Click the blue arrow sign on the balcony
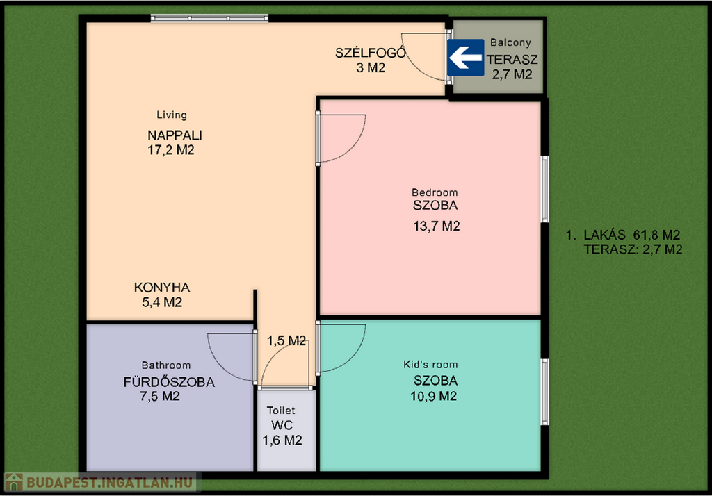[466, 58]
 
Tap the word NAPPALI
[175, 135]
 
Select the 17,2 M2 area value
[171, 150]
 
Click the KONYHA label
[162, 288]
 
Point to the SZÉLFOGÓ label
[371, 53]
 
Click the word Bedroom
[435, 192]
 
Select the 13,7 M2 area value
[437, 226]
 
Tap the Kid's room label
[430, 365]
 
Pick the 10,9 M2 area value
[434, 396]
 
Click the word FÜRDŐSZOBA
[170, 381]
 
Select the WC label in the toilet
[282, 425]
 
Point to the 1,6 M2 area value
[282, 440]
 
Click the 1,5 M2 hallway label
[286, 341]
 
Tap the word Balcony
[510, 42]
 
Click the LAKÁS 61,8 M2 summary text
[622, 235]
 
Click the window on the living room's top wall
[209, 18]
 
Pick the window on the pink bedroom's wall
[545, 189]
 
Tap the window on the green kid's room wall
[545, 392]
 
